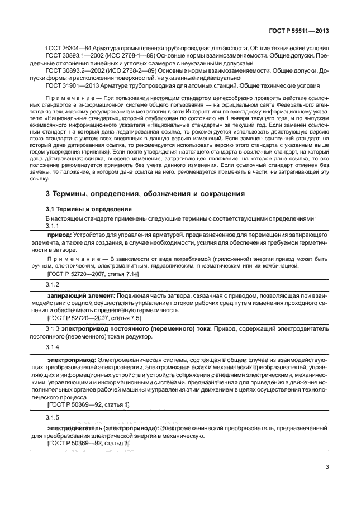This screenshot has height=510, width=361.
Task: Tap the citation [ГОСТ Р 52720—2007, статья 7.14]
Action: click(93, 274)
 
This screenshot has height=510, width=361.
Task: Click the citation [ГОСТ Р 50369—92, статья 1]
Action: click(88, 404)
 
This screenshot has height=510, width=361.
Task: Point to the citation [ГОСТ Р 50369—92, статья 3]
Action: click(88, 443)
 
